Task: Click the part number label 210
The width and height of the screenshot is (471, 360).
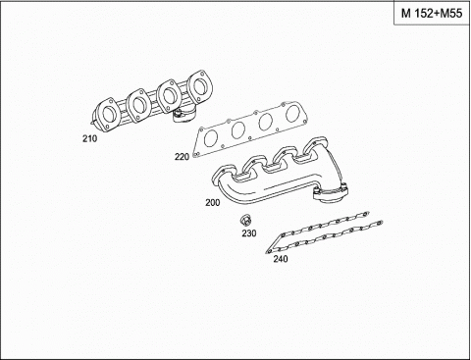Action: click(89, 139)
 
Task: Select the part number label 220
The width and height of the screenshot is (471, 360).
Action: click(182, 157)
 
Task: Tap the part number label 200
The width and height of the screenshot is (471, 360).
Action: click(213, 203)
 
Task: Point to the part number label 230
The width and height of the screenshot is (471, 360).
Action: click(249, 233)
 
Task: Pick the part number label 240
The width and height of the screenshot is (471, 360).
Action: click(281, 259)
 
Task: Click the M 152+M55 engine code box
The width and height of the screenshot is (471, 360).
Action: click(432, 14)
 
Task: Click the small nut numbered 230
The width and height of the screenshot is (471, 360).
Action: click(245, 220)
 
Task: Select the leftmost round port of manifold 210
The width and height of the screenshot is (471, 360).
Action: click(108, 115)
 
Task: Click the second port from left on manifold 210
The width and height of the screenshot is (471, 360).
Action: click(138, 105)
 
